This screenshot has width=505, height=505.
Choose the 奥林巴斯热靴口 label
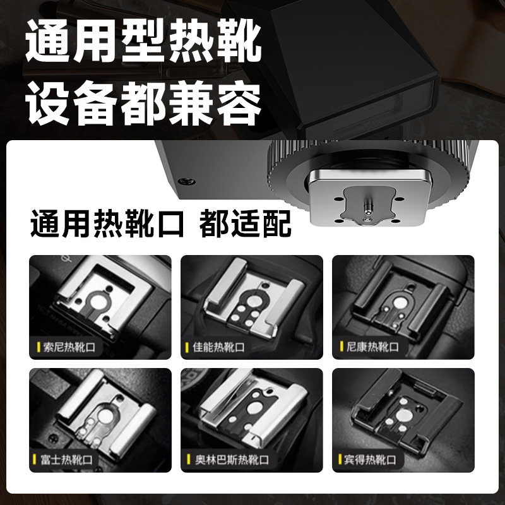coord(229,459)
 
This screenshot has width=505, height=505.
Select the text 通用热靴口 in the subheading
coord(107,224)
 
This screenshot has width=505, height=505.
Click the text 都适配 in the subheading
coord(246,224)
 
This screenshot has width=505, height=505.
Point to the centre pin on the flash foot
coord(368,206)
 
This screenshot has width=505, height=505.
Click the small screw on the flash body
coord(186,181)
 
